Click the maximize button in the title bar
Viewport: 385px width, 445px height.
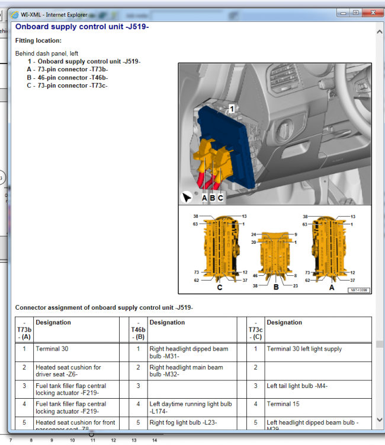pyautogui.click(x=355, y=12)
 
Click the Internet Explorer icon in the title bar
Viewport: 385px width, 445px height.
pyautogui.click(x=15, y=13)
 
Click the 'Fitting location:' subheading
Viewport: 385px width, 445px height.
pyautogui.click(x=38, y=41)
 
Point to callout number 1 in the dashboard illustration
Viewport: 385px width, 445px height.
pyautogui.click(x=232, y=109)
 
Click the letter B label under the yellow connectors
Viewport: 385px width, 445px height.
pyautogui.click(x=213, y=198)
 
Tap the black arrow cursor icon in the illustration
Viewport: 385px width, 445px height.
pyautogui.click(x=187, y=197)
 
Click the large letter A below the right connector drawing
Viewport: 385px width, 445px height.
pyautogui.click(x=331, y=287)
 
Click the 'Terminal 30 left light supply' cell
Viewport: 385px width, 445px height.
pyautogui.click(x=304, y=349)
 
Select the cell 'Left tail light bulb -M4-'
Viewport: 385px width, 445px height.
pyautogui.click(x=297, y=386)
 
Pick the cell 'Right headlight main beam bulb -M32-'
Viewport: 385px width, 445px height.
pyautogui.click(x=186, y=371)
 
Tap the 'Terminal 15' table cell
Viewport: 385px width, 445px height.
pyautogui.click(x=283, y=404)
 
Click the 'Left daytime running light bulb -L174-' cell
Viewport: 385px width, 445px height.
pyautogui.click(x=190, y=408)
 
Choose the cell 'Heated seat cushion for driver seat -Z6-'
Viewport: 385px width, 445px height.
pyautogui.click(x=68, y=371)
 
